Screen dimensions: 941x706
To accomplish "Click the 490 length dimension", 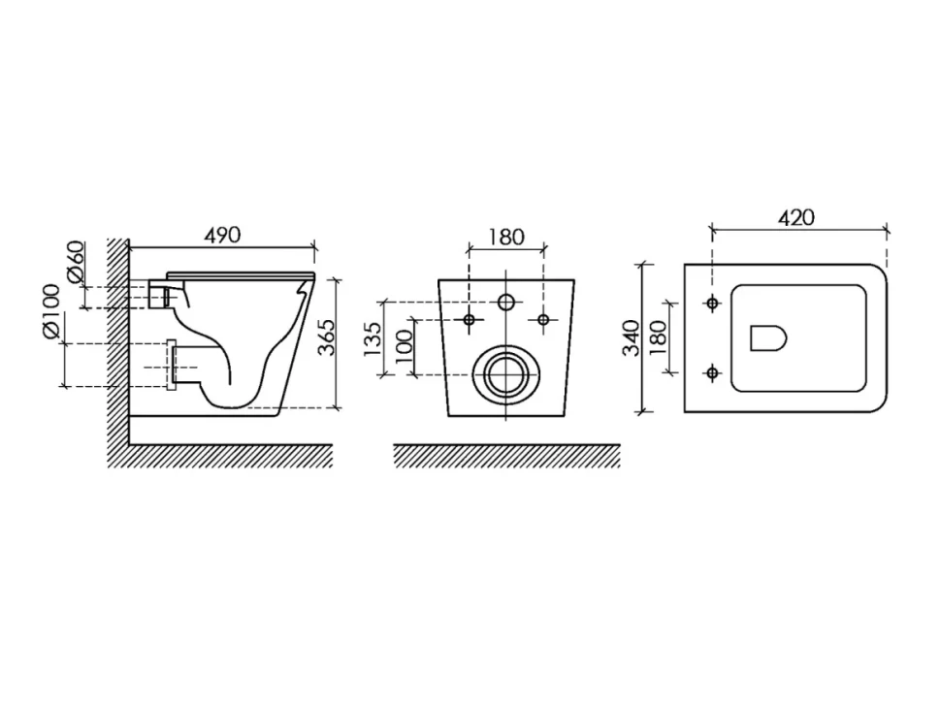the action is pyautogui.click(x=222, y=235).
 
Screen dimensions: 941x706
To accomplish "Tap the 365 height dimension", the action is pyautogui.click(x=327, y=337).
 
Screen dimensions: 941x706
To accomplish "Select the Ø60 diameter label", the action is pyautogui.click(x=76, y=262).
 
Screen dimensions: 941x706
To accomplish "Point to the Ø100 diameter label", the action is pyautogui.click(x=51, y=311).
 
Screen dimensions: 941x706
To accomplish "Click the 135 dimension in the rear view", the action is pyautogui.click(x=373, y=338).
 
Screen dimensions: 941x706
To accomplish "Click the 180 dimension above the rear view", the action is pyautogui.click(x=505, y=237).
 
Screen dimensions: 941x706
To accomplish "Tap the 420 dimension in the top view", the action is pyautogui.click(x=797, y=218).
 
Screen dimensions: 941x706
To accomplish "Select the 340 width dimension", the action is pyautogui.click(x=632, y=337).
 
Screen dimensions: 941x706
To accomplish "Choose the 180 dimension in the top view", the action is pyautogui.click(x=659, y=337).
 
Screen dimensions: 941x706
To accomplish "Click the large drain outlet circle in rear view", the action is pyautogui.click(x=505, y=375).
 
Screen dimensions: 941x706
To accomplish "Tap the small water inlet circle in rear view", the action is pyautogui.click(x=506, y=303).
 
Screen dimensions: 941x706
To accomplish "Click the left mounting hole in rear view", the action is pyautogui.click(x=470, y=320).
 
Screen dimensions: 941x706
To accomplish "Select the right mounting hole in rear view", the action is pyautogui.click(x=543, y=320).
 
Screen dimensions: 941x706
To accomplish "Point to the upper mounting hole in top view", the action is pyautogui.click(x=712, y=304).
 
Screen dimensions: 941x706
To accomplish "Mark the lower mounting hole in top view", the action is pyautogui.click(x=712, y=373).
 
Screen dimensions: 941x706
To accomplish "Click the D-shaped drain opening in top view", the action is pyautogui.click(x=768, y=338).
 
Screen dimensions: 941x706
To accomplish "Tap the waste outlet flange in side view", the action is pyautogui.click(x=171, y=366).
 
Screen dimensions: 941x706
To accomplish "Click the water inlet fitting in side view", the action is pyautogui.click(x=158, y=293).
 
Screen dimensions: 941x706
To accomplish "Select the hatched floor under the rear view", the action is pyautogui.click(x=506, y=456).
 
